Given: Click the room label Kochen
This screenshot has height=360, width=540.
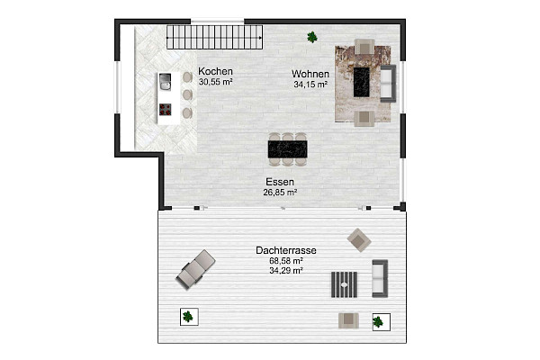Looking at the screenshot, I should pos(216,72).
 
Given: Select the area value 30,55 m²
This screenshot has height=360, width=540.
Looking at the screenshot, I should pos(216,82).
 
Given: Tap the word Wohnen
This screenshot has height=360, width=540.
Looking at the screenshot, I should pos(309,74).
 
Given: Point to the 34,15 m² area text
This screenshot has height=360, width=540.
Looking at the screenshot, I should pos(309,84).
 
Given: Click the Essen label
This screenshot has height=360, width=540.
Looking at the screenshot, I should pos(280,181).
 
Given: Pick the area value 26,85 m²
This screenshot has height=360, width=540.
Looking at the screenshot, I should pos(280,192).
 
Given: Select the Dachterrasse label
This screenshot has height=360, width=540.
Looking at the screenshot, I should pos(284,250).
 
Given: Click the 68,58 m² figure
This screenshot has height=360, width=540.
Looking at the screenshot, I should pos(284,260).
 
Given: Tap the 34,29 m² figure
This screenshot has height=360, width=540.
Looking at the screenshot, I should pos(284,270).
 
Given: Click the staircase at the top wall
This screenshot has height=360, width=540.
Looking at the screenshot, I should pos(214,37).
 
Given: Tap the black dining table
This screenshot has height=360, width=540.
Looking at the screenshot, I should pos(287,148).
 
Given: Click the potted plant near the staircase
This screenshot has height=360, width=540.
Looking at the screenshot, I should pos(311,37).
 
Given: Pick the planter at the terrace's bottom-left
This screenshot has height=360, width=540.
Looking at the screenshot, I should pos(188,316).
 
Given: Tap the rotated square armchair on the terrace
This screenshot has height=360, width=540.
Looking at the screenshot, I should pos(359,239).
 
